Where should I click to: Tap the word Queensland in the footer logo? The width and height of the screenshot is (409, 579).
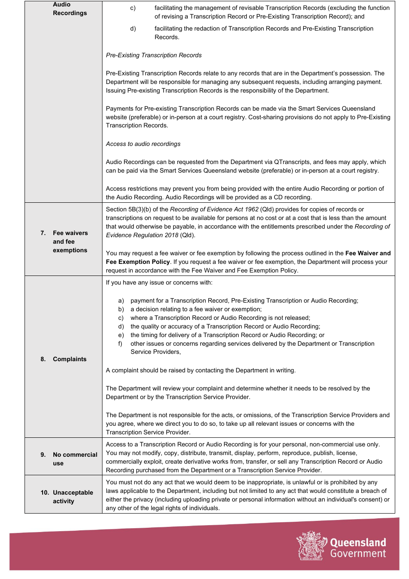tap(358, 542)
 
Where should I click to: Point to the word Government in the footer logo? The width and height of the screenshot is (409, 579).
tap(358, 554)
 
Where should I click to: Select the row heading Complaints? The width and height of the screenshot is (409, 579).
tap(69, 359)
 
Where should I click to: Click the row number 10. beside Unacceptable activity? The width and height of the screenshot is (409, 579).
tap(45, 492)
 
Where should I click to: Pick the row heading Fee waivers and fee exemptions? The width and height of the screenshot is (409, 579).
tap(70, 242)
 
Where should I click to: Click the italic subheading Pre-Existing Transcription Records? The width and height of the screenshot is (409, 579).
tap(154, 55)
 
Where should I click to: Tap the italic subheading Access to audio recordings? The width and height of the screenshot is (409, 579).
tap(143, 144)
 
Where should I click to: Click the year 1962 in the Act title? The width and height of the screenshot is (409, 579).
tap(251, 209)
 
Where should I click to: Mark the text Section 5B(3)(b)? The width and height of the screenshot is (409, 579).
tap(128, 209)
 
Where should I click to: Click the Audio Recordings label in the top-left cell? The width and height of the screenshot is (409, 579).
tap(70, 9)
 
